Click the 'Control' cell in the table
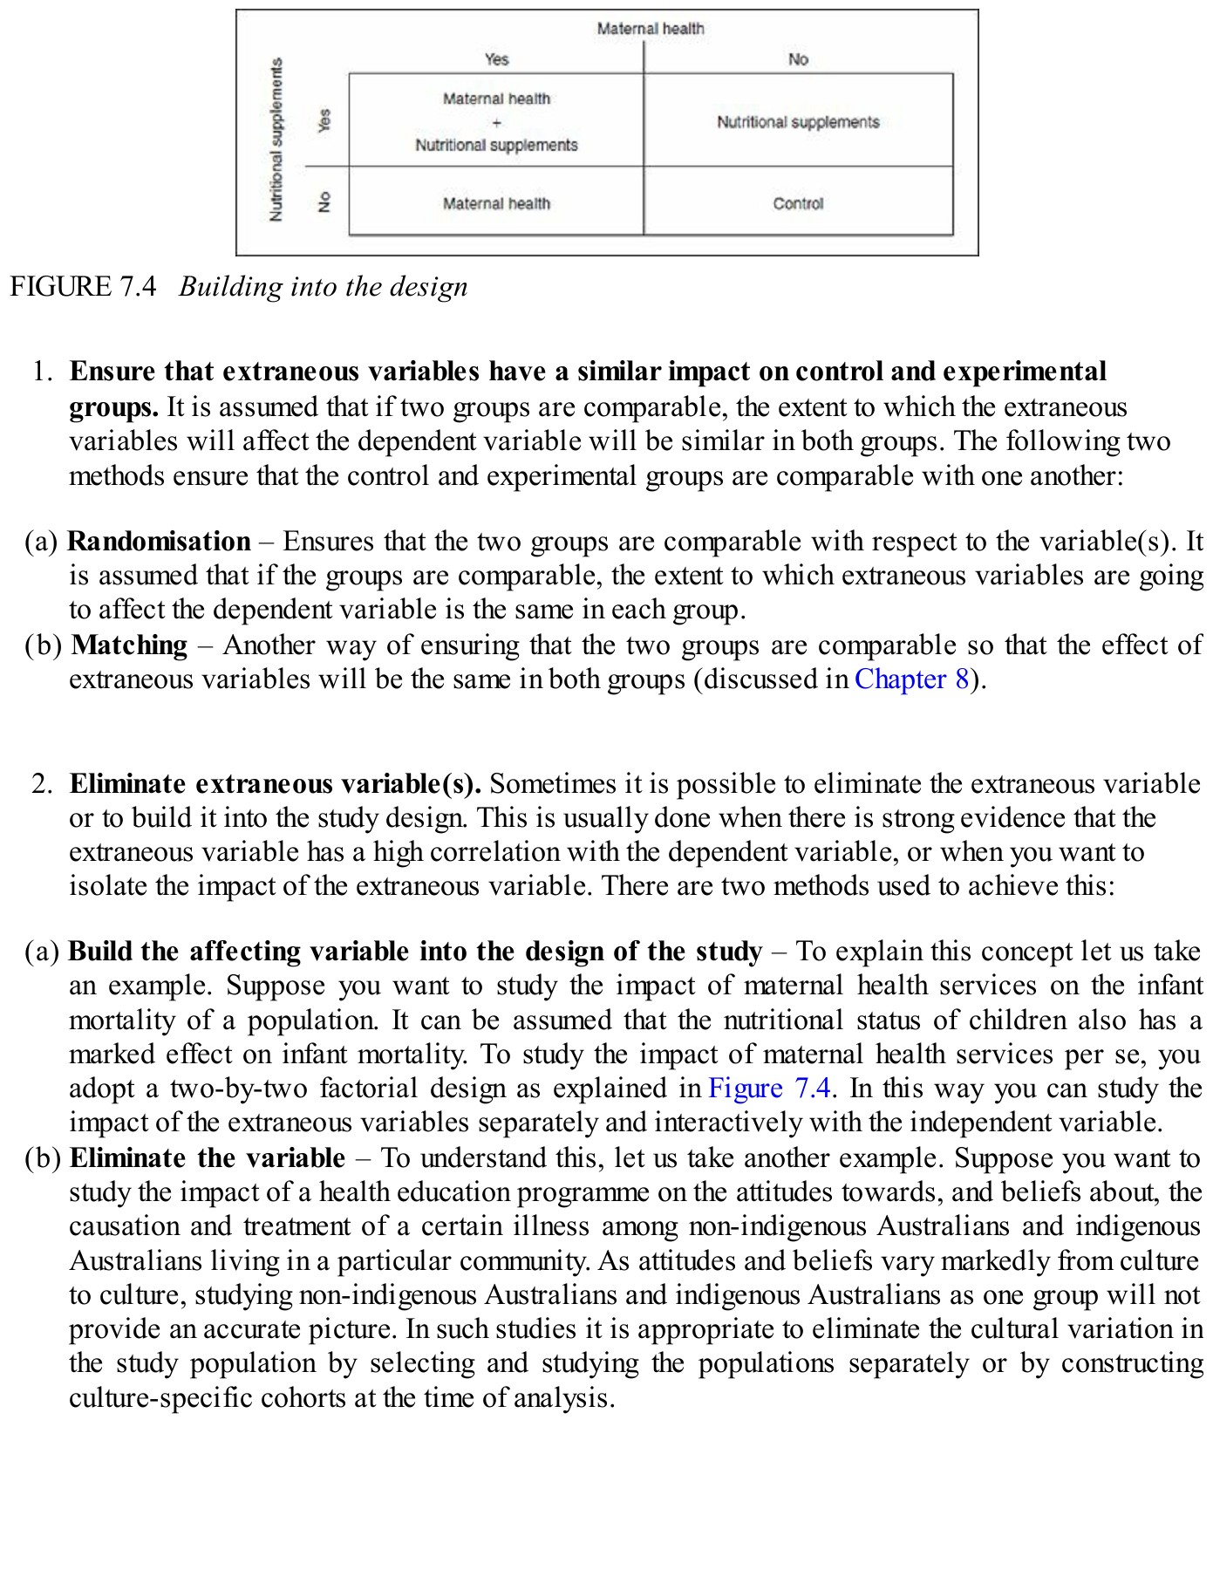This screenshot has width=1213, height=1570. pyautogui.click(x=797, y=203)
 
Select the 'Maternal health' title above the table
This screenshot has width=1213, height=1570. pyautogui.click(x=650, y=29)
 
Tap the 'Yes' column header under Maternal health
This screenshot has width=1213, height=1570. pyautogui.click(x=496, y=59)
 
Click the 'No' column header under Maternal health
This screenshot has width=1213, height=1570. pyautogui.click(x=798, y=59)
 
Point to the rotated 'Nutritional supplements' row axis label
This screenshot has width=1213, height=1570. pyautogui.click(x=276, y=140)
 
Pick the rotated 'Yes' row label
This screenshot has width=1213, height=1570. pyautogui.click(x=324, y=120)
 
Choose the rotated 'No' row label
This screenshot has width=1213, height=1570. pyautogui.click(x=324, y=202)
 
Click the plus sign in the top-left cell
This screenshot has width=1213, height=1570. pyautogui.click(x=496, y=122)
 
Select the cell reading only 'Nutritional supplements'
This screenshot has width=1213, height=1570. pyautogui.click(x=797, y=122)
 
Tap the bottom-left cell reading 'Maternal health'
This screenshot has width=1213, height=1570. pyautogui.click(x=496, y=203)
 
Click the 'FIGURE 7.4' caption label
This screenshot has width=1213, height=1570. pyautogui.click(x=83, y=287)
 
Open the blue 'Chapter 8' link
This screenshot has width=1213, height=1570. pyautogui.click(x=911, y=679)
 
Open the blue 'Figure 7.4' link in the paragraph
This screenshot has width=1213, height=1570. pyautogui.click(x=768, y=1089)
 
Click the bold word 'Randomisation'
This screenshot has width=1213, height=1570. pyautogui.click(x=159, y=542)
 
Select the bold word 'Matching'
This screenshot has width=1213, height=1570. pyautogui.click(x=129, y=645)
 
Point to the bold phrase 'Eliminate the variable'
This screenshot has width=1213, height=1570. pyautogui.click(x=207, y=1158)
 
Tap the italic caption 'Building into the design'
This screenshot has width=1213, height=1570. pyautogui.click(x=323, y=287)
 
